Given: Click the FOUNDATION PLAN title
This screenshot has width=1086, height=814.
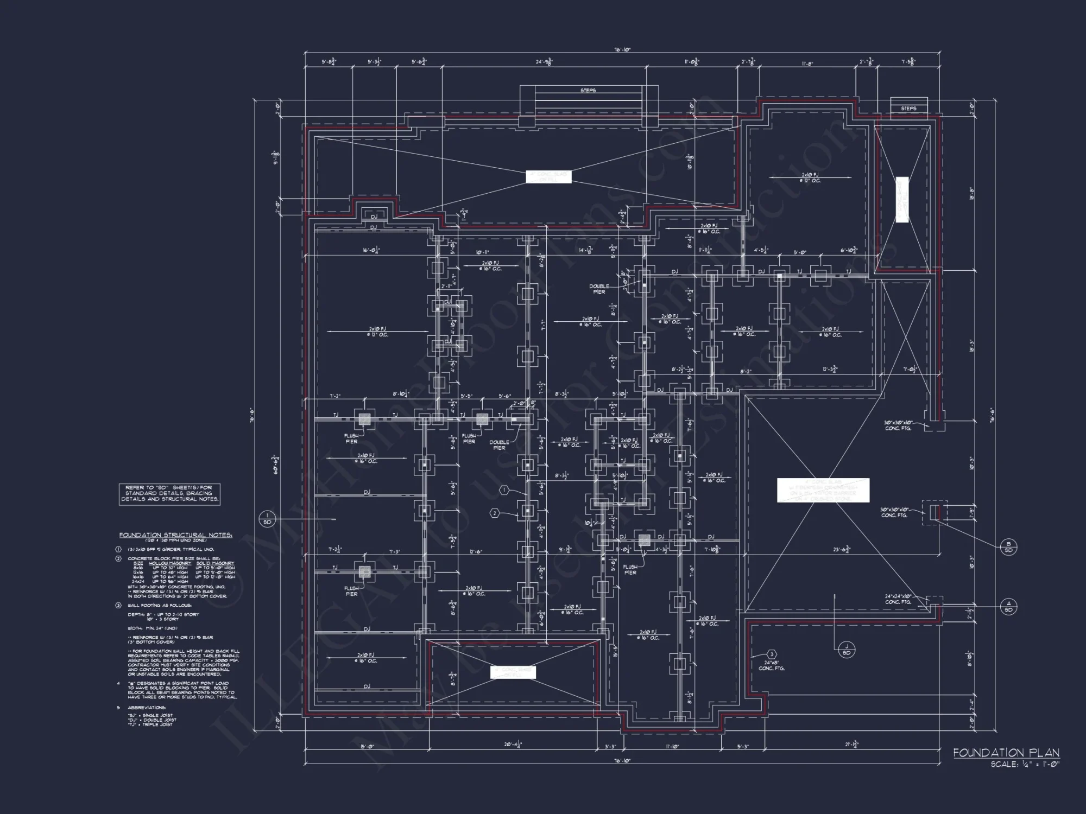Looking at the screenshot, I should (1006, 753).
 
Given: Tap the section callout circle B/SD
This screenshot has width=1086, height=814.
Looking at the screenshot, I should (1008, 546).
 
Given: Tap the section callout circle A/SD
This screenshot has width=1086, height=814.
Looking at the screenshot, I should (1008, 606).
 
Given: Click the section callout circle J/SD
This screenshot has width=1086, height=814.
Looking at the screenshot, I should (847, 649).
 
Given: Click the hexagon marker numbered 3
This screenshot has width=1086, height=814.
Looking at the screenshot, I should (772, 655).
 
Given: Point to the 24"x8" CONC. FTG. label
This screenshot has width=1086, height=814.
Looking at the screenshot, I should (771, 666).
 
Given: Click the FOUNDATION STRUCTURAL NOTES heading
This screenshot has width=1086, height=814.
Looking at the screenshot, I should (176, 535).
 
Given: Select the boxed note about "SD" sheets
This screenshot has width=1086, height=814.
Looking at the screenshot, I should (169, 493).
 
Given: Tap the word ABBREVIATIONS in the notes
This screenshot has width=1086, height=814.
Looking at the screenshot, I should (147, 708).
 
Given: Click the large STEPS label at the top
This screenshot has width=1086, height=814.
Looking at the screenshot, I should (588, 91).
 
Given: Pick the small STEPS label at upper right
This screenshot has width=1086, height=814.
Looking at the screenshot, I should (908, 109).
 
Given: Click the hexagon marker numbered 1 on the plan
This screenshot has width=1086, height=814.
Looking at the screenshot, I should (504, 490).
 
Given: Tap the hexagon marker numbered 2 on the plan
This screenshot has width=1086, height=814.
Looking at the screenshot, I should (495, 513).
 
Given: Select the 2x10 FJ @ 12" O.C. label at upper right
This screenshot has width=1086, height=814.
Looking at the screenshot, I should (810, 177).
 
